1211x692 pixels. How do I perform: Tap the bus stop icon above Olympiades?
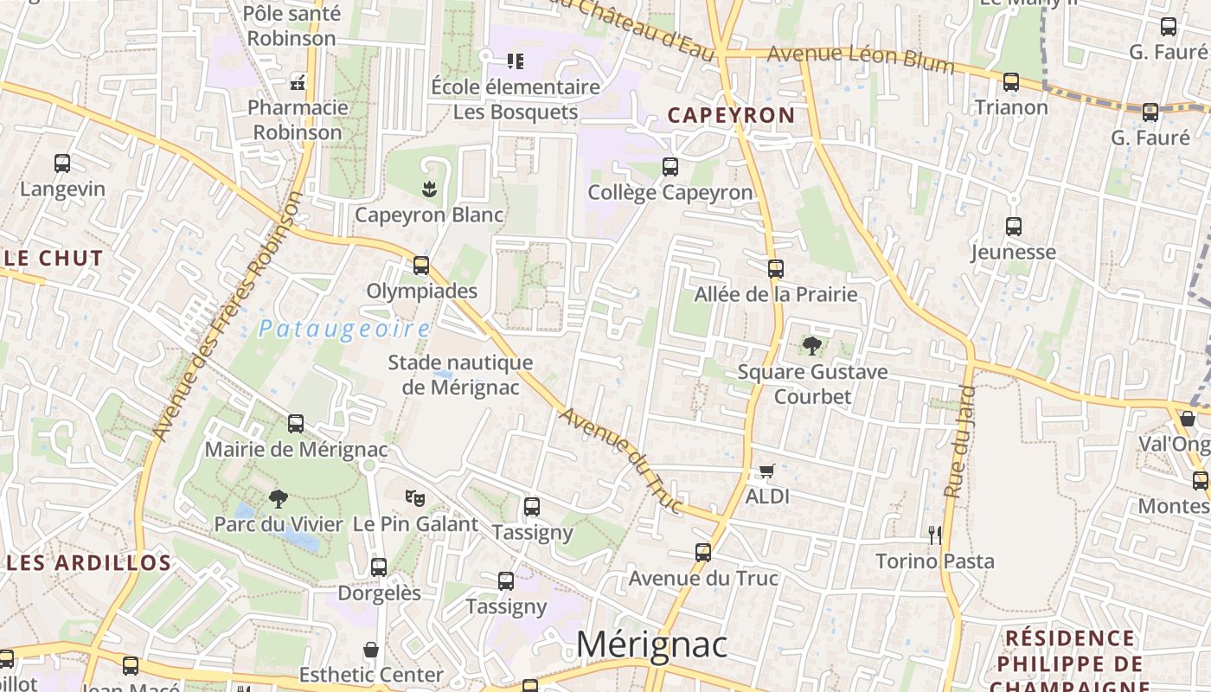click(x=421, y=266)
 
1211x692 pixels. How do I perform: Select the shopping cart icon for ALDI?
click(x=766, y=471)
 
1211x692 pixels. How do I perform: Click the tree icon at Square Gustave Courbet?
click(x=812, y=347)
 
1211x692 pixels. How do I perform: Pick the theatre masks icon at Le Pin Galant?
click(x=415, y=498)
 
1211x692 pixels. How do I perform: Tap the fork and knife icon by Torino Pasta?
click(x=934, y=535)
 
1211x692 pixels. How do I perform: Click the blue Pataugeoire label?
click(x=344, y=329)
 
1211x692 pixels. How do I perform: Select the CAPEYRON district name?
click(x=731, y=115)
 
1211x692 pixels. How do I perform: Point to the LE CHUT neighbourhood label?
click(x=54, y=258)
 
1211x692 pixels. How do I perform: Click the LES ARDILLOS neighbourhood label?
click(x=90, y=562)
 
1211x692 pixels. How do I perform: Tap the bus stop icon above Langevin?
click(x=62, y=163)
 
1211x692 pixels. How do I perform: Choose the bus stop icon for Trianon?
click(x=1011, y=83)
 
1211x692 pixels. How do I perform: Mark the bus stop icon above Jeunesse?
click(x=1014, y=227)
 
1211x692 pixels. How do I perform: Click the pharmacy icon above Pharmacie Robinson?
click(x=298, y=83)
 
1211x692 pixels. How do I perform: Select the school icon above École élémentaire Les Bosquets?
click(x=516, y=61)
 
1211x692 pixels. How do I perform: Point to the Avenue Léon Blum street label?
click(x=861, y=59)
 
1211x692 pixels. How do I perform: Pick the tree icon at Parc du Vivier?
click(x=278, y=498)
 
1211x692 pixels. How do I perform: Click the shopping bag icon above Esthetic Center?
click(x=371, y=650)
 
